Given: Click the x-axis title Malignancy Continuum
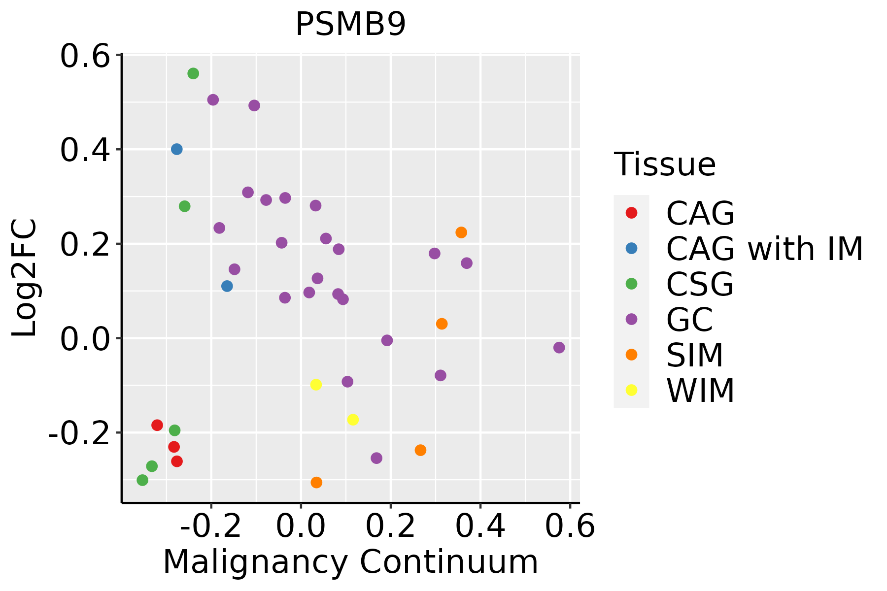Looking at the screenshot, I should click(350, 562).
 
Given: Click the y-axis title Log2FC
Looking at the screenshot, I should click(25, 278).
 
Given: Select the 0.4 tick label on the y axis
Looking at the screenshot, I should click(85, 150).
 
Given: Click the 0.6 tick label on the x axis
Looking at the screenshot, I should click(570, 526).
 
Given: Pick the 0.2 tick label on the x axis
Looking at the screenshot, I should click(390, 526).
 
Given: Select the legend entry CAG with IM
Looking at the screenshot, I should click(764, 249).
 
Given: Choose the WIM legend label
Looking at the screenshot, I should click(700, 391).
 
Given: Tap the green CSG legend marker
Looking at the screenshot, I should click(631, 284).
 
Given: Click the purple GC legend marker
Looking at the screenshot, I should click(631, 319).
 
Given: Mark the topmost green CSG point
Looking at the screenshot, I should click(193, 73).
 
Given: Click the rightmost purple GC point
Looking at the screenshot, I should click(559, 348).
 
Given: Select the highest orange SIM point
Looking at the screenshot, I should click(461, 232).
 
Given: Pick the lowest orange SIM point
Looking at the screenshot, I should click(316, 483).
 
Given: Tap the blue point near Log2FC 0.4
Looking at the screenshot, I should click(177, 149).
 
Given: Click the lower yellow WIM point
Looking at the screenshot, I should click(353, 420).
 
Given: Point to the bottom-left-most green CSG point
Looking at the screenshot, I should click(142, 480).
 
